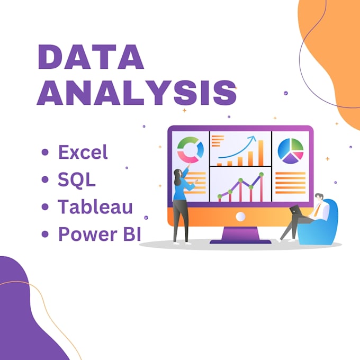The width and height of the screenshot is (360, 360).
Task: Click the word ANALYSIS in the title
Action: click(137, 92)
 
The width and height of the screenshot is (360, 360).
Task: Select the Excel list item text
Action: click(83, 152)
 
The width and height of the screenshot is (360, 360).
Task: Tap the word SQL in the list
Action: click(77, 179)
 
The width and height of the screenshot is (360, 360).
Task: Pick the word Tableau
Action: click(95, 206)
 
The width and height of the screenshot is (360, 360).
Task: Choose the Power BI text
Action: click(99, 233)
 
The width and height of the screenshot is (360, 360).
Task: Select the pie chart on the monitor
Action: click(291, 150)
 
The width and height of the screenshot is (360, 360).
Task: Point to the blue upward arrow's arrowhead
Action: click(254, 139)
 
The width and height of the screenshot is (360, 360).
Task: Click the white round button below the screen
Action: click(240, 216)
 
